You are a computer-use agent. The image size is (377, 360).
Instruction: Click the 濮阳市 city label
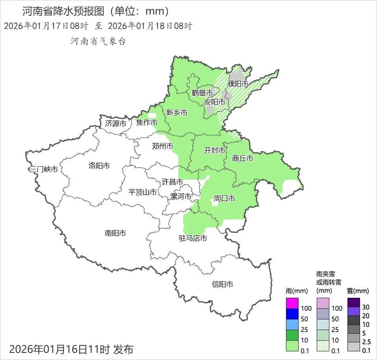point(238,84)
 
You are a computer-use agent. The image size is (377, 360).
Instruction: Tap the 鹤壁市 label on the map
point(202,93)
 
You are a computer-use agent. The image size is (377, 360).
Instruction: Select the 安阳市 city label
point(215,102)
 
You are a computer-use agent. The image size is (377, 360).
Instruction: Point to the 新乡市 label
point(176,113)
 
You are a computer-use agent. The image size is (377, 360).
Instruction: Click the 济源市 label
point(116,123)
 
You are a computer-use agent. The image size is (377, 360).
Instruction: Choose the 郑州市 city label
point(162,146)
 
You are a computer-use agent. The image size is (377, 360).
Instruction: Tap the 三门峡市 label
point(43,169)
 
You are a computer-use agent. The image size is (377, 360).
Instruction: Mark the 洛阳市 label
point(99,165)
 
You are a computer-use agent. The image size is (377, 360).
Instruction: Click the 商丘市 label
point(242,158)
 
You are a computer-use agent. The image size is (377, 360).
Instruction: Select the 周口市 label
point(224,198)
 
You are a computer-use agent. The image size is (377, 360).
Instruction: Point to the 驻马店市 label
point(193,238)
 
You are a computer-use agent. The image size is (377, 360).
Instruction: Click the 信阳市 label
point(222,284)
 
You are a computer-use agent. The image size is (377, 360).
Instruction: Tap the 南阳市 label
point(115,233)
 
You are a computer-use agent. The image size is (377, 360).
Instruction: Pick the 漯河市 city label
point(180,196)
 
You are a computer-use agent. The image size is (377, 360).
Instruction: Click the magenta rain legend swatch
point(292,303)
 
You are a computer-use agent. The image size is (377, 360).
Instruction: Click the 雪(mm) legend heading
point(357,291)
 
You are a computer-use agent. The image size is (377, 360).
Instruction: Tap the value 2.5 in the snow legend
point(366,342)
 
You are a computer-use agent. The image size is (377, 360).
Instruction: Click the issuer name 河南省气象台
point(98,41)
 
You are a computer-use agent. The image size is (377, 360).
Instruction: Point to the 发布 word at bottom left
point(123,349)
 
